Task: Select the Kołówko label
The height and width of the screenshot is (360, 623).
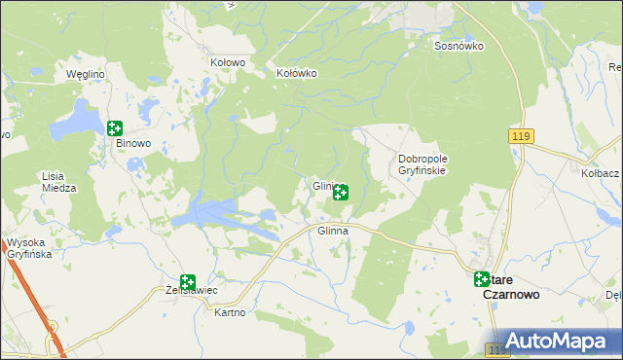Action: click(x=297, y=73)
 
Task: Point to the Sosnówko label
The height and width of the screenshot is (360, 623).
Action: click(x=459, y=46)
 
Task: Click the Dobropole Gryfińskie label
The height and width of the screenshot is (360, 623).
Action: click(x=421, y=164)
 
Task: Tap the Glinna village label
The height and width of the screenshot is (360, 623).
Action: click(x=333, y=232)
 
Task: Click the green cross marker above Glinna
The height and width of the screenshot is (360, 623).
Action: click(x=340, y=192)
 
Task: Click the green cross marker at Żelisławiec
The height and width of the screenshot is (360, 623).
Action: click(x=187, y=281)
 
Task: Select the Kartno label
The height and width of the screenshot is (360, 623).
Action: click(x=230, y=313)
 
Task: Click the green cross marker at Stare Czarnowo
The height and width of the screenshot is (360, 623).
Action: click(x=482, y=279)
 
